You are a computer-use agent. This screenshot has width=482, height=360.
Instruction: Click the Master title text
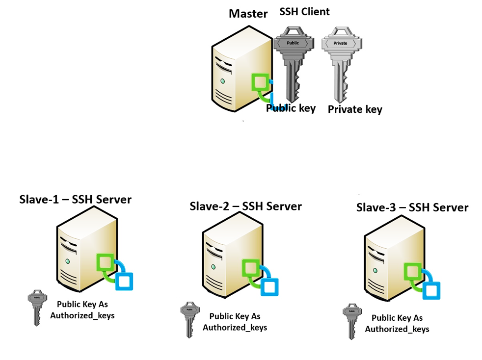click(x=248, y=13)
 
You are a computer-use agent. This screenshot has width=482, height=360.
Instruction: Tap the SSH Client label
click(x=304, y=12)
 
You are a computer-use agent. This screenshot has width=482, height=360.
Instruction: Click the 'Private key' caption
click(x=354, y=109)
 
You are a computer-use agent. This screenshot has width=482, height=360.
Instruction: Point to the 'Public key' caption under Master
click(x=291, y=108)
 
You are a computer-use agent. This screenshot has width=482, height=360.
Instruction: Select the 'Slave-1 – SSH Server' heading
click(x=75, y=199)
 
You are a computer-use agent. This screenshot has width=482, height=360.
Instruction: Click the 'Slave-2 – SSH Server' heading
click(x=245, y=206)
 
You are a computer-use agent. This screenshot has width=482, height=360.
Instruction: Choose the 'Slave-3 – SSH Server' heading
click(x=412, y=207)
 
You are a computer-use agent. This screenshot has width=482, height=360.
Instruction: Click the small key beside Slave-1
click(x=37, y=306)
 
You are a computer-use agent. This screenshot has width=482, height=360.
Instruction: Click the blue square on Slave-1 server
click(x=125, y=281)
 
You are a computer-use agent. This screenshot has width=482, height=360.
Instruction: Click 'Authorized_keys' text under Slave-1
click(x=82, y=315)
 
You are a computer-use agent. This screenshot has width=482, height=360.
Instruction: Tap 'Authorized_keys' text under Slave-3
click(x=397, y=329)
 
